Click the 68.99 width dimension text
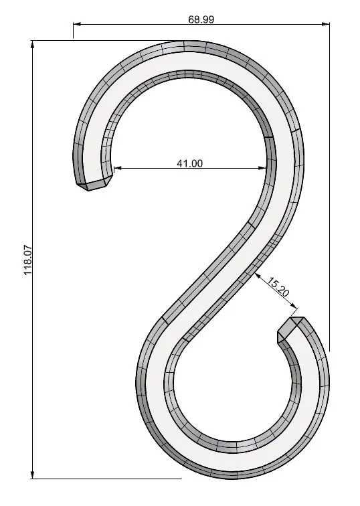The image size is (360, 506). (201, 19)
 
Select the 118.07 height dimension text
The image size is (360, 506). (28, 260)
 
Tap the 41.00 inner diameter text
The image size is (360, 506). (189, 163)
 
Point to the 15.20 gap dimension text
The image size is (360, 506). (278, 287)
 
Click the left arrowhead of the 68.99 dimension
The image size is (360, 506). (77, 23)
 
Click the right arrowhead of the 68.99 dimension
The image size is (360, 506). (326, 23)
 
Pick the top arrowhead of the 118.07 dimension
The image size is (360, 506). (32, 45)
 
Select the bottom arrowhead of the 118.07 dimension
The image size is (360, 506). (32, 475)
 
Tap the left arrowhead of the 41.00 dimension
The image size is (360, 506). (118, 168)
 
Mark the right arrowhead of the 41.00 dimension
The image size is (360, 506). (263, 168)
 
